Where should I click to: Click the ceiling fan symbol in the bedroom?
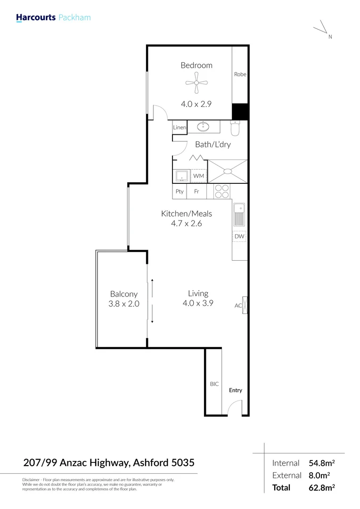click(196, 83)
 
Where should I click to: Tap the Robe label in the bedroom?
click(240, 74)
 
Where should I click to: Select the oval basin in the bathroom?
click(205, 126)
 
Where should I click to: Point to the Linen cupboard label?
click(180, 128)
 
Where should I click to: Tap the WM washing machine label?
click(198, 176)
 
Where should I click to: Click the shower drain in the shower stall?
click(228, 171)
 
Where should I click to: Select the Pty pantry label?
click(180, 191)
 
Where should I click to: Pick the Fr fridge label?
click(196, 191)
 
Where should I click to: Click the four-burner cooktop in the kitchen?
click(222, 191)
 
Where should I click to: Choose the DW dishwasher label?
click(239, 236)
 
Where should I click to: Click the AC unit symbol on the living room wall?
click(245, 304)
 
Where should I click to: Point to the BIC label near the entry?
click(214, 384)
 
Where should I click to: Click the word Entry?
click(236, 390)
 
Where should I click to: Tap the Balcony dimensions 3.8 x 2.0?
click(124, 304)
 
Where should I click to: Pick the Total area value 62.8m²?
click(322, 488)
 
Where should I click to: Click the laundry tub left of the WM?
click(182, 176)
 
